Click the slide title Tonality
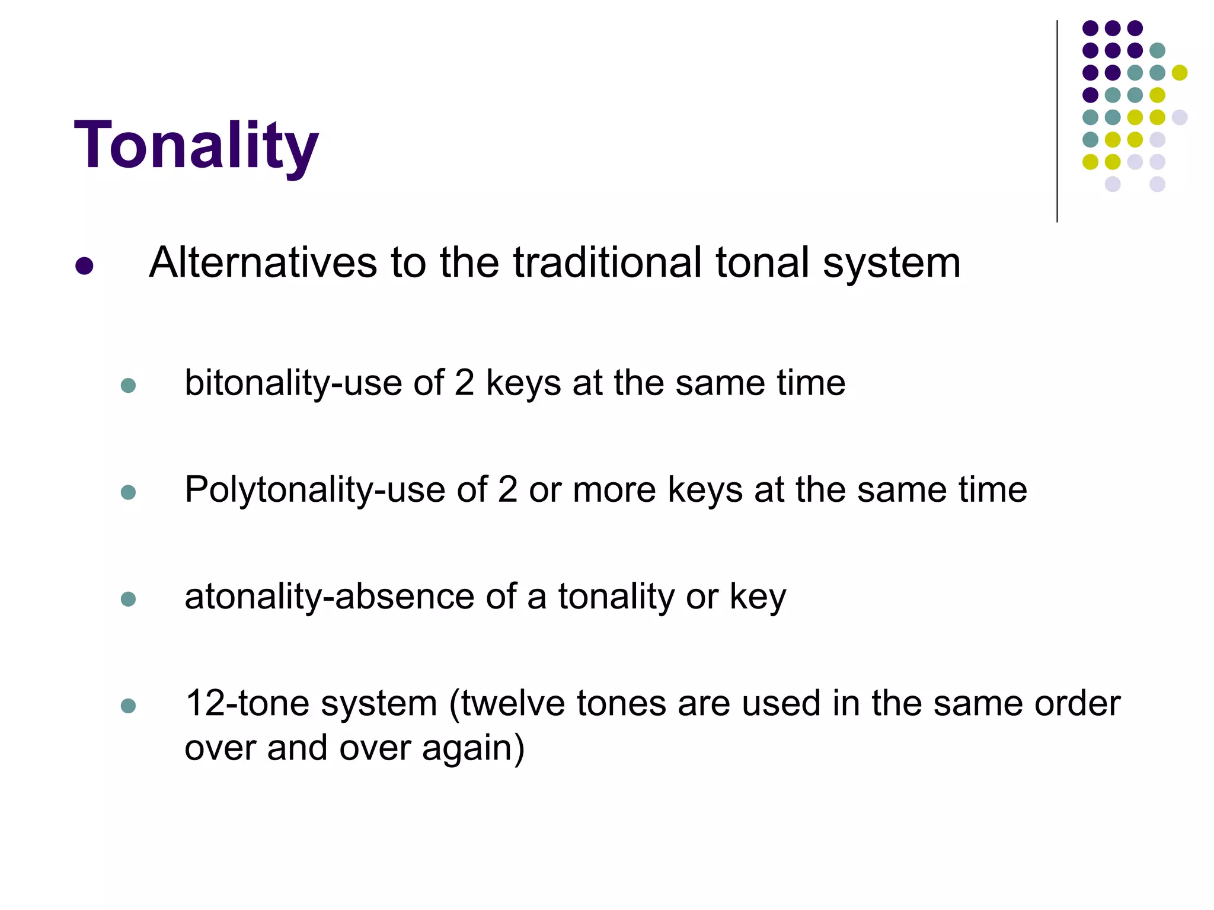coord(196,145)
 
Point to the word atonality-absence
coord(329,597)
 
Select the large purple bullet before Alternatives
coord(84,266)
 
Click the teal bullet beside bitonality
coord(128,386)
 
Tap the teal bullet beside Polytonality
coord(128,492)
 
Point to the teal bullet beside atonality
coord(128,599)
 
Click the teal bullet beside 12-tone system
coord(128,706)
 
